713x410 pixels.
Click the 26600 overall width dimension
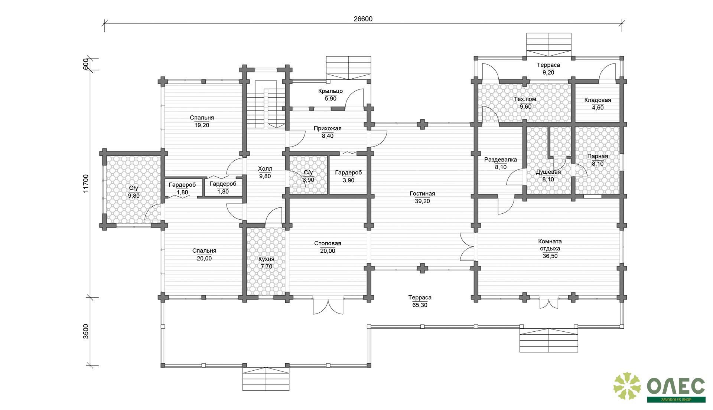pos(363,19)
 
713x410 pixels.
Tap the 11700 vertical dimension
pos(86,183)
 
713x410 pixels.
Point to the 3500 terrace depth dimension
pos(86,331)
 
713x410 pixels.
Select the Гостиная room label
pos(422,194)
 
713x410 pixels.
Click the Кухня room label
pos(266,259)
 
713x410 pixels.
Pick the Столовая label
pos(328,243)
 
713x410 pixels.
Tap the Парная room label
pos(598,156)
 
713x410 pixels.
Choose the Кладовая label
pos(598,100)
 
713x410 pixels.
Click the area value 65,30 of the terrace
pos(420,305)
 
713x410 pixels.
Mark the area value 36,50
pos(550,256)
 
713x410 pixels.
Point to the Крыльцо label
pos(331,91)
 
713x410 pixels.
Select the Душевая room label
pos(548,172)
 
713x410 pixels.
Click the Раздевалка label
pos(501,160)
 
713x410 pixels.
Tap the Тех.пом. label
pos(525,99)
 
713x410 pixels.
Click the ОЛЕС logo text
pos(676,387)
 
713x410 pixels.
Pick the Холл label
pos(265,169)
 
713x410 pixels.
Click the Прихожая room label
pos(328,129)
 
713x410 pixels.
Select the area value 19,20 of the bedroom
pos(202,125)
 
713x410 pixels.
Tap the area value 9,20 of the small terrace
pos(548,73)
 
